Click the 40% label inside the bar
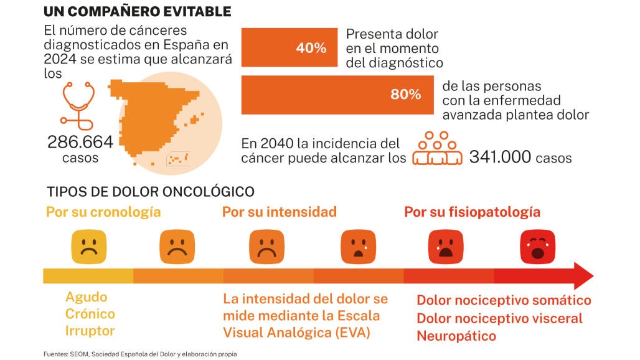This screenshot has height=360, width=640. pos(312,48)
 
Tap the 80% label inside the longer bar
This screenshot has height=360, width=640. pos(406,95)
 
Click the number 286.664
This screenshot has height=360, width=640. pos(80,142)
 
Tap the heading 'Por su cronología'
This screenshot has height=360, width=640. pos(103,212)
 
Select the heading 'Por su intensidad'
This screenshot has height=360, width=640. pos(280,212)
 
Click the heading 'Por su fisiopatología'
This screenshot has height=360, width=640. pos(473,212)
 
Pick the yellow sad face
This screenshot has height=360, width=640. pos(88,246)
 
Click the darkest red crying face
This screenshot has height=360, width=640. pos(536,246)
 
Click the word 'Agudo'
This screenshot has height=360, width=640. pos(87,297)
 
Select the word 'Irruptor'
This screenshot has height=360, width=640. pos(90,331)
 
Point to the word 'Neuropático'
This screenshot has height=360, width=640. pos(456,336)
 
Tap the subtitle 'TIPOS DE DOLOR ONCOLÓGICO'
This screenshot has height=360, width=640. pos(150,191)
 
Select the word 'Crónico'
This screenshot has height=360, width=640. pos(90,314)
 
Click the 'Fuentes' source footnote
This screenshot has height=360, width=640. pos(140,354)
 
